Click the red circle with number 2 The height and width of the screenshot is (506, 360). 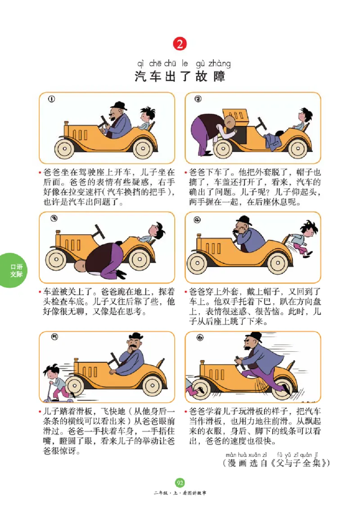coord(180,44)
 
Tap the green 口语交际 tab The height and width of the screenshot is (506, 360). coord(16,270)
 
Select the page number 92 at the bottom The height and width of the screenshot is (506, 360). coord(180,483)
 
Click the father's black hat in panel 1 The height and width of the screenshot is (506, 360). coord(118,107)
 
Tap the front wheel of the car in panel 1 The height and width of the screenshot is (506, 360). coord(67,148)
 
